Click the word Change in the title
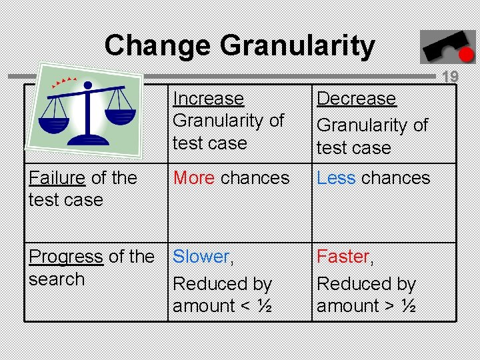click(x=157, y=46)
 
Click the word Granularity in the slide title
click(x=297, y=46)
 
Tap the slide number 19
click(x=451, y=77)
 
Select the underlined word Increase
click(x=208, y=99)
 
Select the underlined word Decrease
click(x=356, y=99)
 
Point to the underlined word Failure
click(x=57, y=178)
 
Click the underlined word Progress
click(x=66, y=257)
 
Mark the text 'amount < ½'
click(x=221, y=306)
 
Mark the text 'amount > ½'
click(x=367, y=306)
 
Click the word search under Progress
click(x=57, y=279)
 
